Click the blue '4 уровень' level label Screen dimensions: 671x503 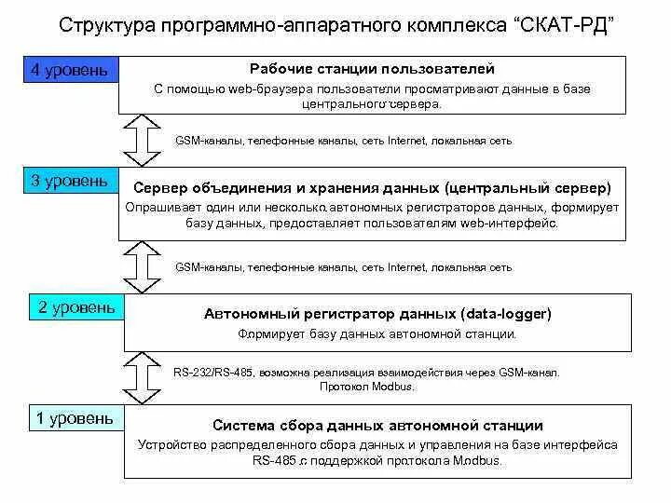(70, 71)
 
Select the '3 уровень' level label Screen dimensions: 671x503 (70, 181)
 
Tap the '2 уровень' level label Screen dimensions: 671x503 (76, 307)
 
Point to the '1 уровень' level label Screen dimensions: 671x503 (75, 418)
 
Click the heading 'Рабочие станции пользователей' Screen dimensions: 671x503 (372, 69)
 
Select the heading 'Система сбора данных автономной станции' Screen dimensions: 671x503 (377, 426)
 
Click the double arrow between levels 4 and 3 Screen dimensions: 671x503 (143, 140)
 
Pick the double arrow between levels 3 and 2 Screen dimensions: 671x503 (143, 266)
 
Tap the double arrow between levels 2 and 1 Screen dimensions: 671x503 (143, 376)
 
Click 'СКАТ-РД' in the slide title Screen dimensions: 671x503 (563, 23)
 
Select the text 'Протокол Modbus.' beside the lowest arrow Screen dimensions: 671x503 (366, 386)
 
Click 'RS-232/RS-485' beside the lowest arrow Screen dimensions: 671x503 (207, 373)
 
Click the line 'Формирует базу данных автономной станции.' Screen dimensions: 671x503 (377, 333)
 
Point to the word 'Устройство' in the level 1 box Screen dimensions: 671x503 (169, 445)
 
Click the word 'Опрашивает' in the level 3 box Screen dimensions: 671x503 (160, 207)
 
